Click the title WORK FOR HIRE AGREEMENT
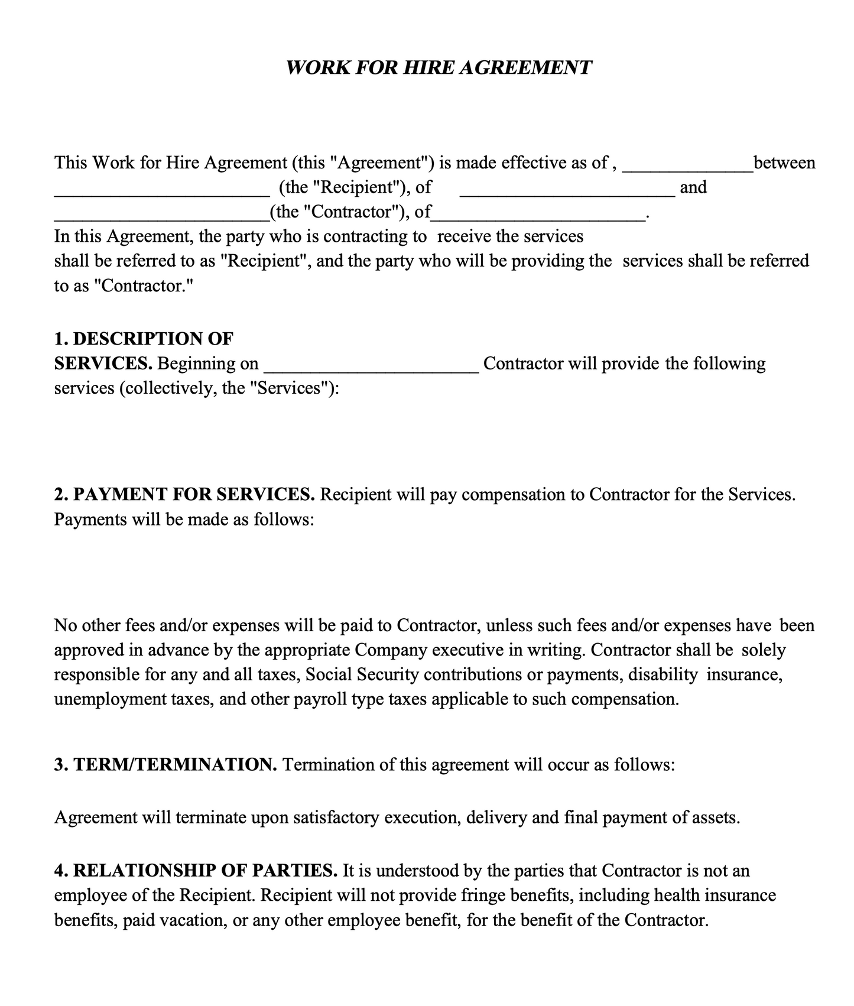pos(438,67)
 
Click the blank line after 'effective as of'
pos(687,168)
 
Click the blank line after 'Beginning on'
pos(371,369)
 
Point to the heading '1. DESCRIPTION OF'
pos(144,339)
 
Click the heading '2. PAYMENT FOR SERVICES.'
pos(184,494)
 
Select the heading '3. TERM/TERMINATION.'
pos(165,765)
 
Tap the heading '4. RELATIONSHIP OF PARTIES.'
pos(196,871)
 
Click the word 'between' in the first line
pos(784,163)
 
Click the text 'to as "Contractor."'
pos(124,286)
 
